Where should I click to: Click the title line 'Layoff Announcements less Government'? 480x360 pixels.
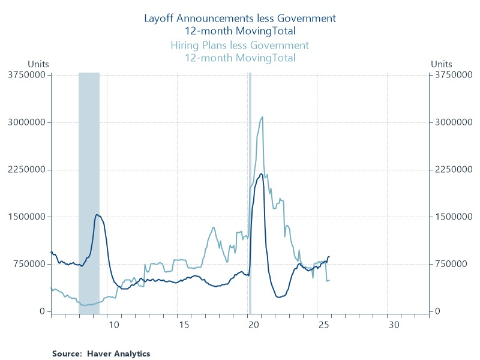click(x=239, y=17)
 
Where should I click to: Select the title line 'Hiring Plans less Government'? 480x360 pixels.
click(x=239, y=46)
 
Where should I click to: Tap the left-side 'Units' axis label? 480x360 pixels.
click(x=38, y=64)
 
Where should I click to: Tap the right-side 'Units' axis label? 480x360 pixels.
click(x=442, y=64)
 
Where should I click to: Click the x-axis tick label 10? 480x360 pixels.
click(x=114, y=325)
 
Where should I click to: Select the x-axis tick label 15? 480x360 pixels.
click(x=184, y=325)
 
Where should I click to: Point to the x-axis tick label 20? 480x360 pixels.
click(x=253, y=325)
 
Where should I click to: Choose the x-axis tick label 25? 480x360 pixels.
click(x=323, y=325)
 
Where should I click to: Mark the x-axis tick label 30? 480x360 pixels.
click(x=393, y=325)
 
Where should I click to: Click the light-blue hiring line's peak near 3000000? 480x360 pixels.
click(x=262, y=117)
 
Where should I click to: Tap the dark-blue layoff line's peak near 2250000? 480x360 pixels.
click(x=261, y=174)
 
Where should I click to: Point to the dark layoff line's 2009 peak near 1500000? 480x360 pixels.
click(x=97, y=215)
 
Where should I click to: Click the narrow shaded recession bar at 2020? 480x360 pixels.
click(x=250, y=192)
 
